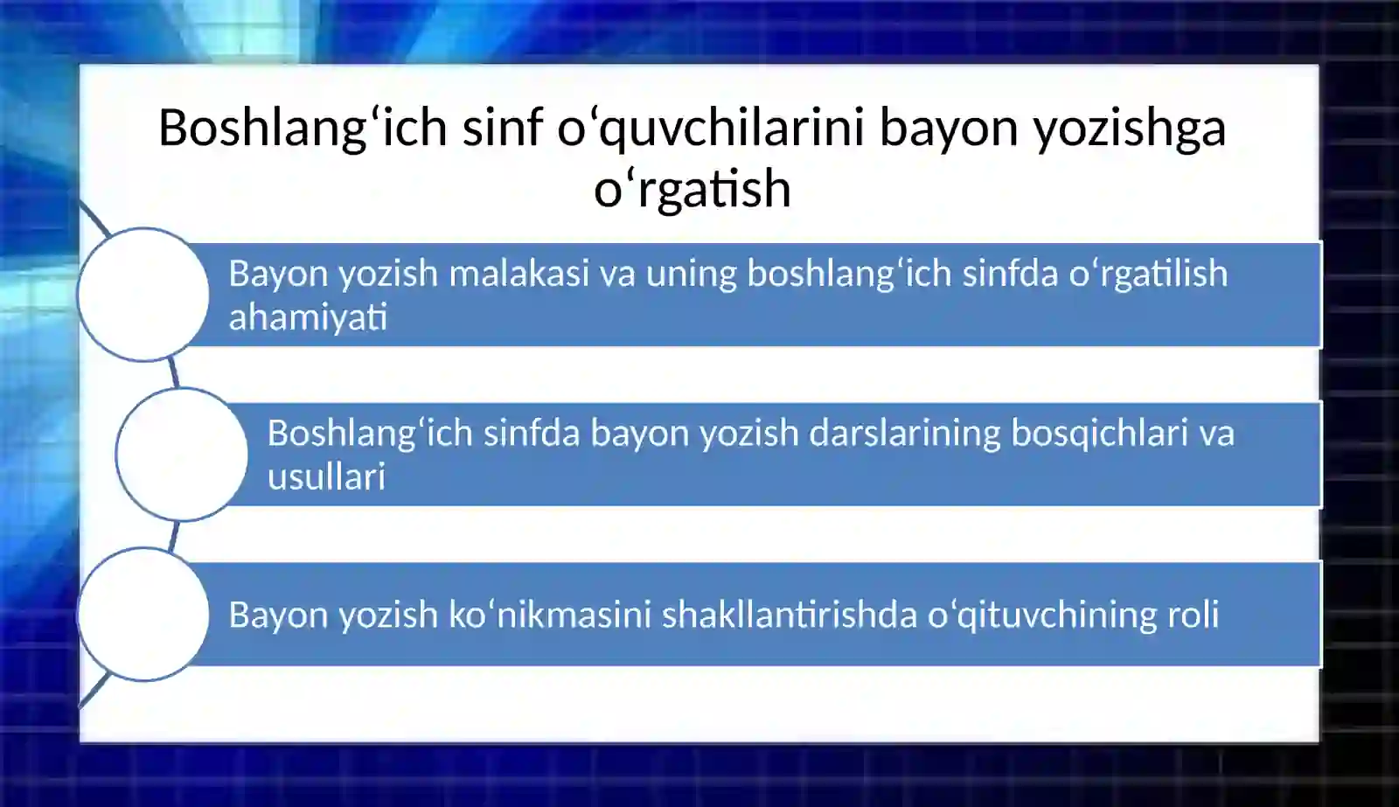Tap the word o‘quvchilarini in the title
[x=711, y=129]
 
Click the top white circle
[x=143, y=295]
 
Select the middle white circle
[x=182, y=455]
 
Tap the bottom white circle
[x=143, y=614]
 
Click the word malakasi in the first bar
[x=519, y=274]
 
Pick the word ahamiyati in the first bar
[x=308, y=318]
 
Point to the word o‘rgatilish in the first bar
[x=1148, y=274]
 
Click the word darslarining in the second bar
[x=905, y=434]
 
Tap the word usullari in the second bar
[x=326, y=477]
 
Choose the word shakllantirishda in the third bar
[x=789, y=615]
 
